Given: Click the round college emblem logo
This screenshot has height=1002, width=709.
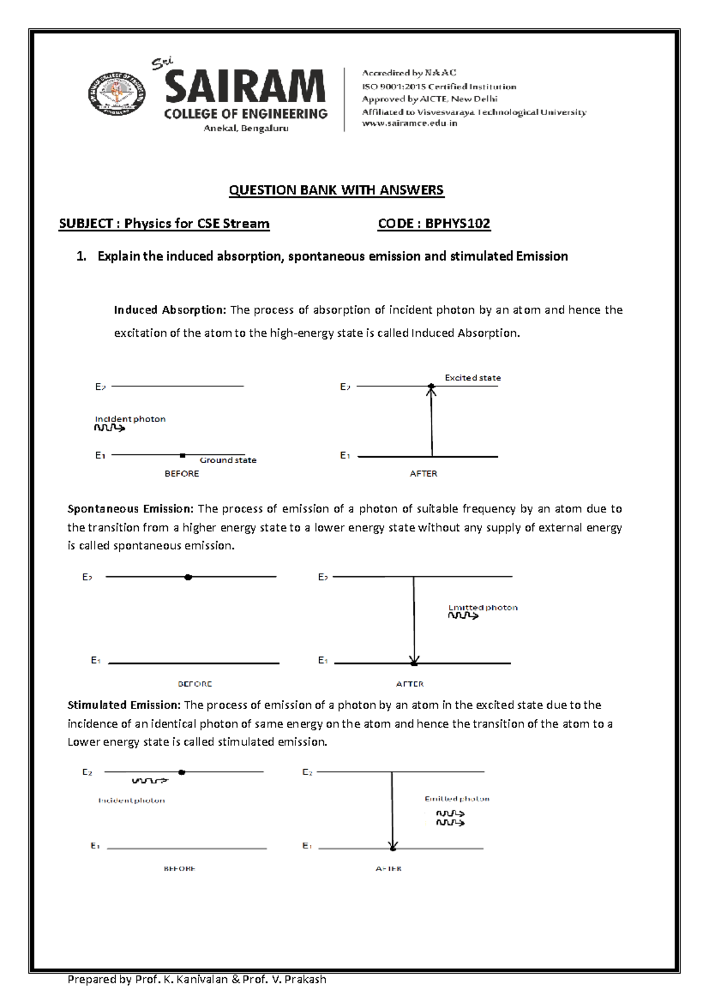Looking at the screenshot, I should pos(117,95).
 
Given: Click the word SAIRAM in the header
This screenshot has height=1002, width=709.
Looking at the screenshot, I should pos(245,87).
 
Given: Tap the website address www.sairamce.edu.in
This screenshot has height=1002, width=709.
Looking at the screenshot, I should pos(409,123).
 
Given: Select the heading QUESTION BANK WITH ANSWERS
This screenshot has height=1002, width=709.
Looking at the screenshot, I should pos(336,190).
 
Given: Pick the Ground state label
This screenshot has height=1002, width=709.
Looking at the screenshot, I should pos(228,460).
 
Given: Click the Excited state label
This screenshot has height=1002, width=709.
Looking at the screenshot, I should pos(473,378).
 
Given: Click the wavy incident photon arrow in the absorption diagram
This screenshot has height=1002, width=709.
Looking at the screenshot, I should pos(110,428).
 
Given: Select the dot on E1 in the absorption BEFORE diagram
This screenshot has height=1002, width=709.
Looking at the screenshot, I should pos(183,456).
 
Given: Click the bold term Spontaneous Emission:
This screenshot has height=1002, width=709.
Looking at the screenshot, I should pos(131,509).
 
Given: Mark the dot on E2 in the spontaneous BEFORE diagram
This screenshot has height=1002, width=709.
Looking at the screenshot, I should pos(188,577).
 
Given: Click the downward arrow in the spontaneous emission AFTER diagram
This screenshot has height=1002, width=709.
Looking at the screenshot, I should pos(414,620).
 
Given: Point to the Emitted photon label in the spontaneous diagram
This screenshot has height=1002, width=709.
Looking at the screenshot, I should pos(483,607).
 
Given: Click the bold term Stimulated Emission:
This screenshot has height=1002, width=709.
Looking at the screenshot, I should pos(124,705).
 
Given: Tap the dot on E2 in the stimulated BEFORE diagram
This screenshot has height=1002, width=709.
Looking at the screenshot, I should pos(182,772).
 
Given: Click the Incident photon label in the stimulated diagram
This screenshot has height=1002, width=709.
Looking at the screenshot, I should pos(132,801).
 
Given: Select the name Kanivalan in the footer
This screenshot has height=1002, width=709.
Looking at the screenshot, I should pos(203,980).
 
